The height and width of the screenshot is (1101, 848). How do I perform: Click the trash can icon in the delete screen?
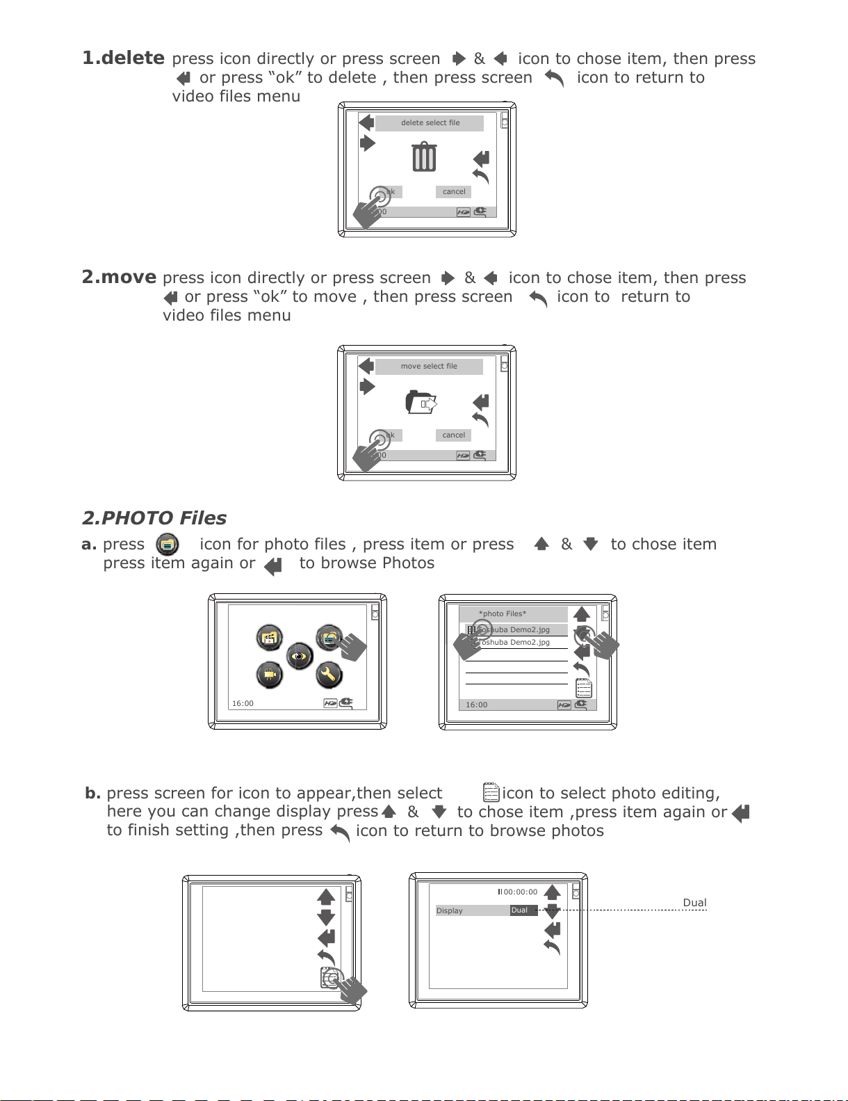pos(424,156)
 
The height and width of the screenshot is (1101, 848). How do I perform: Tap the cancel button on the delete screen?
pos(454,192)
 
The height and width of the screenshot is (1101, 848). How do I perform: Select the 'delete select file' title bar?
pos(430,123)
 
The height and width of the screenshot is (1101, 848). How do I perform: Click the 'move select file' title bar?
pos(429,367)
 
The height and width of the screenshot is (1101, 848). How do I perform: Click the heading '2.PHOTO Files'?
pos(154,518)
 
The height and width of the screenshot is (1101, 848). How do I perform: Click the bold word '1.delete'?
pos(123,58)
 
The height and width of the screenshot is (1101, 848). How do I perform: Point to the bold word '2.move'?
pos(119,277)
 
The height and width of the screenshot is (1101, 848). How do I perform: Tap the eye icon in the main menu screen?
pos(300,656)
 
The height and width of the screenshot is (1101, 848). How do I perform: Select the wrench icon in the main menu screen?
pos(329,674)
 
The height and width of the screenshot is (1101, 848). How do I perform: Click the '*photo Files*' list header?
pos(503,613)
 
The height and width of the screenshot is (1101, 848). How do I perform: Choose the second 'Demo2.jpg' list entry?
pos(516,643)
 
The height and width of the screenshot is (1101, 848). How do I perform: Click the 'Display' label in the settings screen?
pos(450,910)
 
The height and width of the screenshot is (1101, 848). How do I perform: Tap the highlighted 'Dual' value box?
pos(523,910)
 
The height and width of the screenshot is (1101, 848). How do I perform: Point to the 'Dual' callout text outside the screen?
pos(694,903)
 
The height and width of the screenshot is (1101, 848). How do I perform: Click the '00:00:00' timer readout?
pos(520,892)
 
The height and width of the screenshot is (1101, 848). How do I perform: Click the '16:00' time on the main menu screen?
pos(243,703)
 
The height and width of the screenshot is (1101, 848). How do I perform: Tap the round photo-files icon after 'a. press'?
pos(168,545)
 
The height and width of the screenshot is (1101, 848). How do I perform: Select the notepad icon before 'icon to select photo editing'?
pos(491,793)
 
